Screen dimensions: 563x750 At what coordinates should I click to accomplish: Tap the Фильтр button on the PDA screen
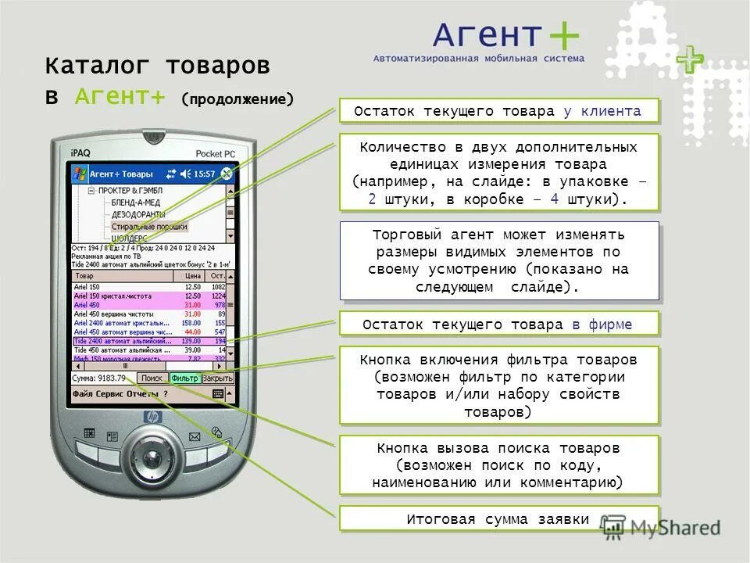(184, 378)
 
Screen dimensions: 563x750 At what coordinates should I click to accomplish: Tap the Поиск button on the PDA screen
(152, 378)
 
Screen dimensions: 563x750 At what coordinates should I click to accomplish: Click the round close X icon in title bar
(227, 174)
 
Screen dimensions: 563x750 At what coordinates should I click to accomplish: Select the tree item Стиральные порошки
(149, 226)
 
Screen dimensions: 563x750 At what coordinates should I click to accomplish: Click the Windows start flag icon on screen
(79, 174)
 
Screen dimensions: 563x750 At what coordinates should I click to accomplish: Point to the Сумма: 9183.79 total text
(98, 378)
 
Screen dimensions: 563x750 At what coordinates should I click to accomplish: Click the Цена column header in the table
(192, 276)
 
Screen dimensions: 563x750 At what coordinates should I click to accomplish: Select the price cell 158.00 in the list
(191, 322)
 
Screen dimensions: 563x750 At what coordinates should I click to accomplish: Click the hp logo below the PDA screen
(152, 417)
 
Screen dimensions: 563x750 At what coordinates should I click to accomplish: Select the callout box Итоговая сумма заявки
(498, 519)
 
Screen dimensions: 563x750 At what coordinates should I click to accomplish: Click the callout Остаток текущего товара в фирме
(498, 324)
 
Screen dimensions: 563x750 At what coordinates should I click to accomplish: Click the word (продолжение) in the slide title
(237, 100)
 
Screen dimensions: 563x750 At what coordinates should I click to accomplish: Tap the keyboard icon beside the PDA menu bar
(217, 394)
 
